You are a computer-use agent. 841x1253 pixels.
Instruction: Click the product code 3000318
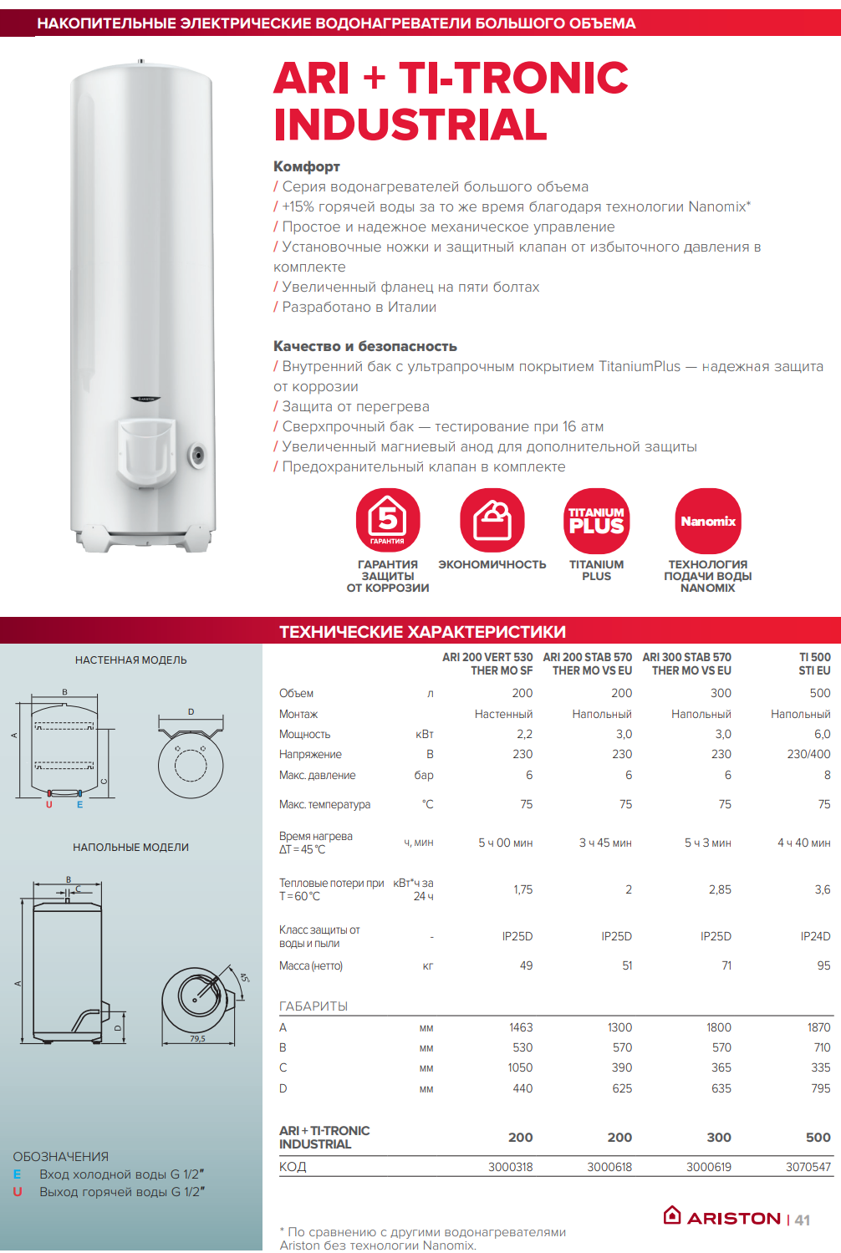(x=510, y=1167)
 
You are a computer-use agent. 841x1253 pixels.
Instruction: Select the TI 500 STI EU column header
(x=814, y=664)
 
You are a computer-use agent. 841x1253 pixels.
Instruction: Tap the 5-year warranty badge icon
(x=388, y=521)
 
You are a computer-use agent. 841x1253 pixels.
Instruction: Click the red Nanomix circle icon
(x=708, y=521)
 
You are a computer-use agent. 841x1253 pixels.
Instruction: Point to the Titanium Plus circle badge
(x=596, y=521)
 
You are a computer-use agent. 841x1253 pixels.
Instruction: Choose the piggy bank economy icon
(x=492, y=521)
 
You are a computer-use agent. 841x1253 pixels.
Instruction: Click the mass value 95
(x=823, y=965)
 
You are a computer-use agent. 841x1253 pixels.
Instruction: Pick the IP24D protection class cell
(x=815, y=936)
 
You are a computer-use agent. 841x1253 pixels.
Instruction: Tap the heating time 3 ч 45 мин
(x=605, y=843)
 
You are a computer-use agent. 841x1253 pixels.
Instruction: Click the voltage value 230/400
(x=808, y=754)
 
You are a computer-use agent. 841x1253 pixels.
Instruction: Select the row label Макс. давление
(x=317, y=775)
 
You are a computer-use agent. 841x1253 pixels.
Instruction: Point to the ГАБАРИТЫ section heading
(x=313, y=1006)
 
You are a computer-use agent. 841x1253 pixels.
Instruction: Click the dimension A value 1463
(x=521, y=1027)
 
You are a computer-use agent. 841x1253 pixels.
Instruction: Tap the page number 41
(x=803, y=1220)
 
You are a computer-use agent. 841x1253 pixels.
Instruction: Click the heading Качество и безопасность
(x=365, y=346)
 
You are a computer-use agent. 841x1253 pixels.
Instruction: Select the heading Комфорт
(x=307, y=166)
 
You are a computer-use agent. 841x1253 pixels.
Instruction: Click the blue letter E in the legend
(x=17, y=1174)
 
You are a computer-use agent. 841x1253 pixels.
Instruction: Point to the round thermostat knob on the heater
(x=197, y=456)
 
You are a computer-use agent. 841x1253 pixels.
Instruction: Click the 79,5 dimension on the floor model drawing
(x=197, y=1039)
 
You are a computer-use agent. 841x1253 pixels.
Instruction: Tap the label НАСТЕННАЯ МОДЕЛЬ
(x=131, y=660)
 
